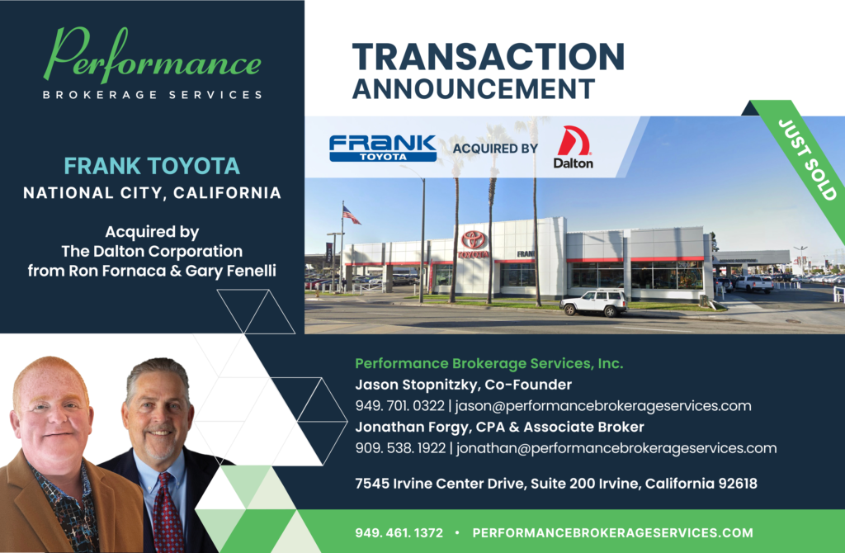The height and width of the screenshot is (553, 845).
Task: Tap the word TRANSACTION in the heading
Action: tap(488, 56)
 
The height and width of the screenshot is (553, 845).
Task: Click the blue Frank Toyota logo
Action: tap(383, 148)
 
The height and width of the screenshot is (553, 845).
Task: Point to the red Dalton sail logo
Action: tap(573, 141)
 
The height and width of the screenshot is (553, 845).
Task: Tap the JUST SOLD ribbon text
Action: tap(808, 160)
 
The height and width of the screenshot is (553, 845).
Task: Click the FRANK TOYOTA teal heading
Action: tap(152, 166)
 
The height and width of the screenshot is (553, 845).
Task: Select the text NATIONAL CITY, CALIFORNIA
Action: tap(152, 194)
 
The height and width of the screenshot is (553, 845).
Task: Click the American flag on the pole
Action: tap(352, 215)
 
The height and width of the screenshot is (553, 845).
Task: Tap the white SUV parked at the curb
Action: tap(593, 303)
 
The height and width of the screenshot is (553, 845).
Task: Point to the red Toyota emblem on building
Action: tap(474, 239)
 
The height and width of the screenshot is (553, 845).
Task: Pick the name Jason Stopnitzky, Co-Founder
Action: tap(463, 385)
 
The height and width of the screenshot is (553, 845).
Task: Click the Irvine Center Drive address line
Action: tap(556, 484)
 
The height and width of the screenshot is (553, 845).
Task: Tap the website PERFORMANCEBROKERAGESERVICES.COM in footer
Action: tap(613, 533)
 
